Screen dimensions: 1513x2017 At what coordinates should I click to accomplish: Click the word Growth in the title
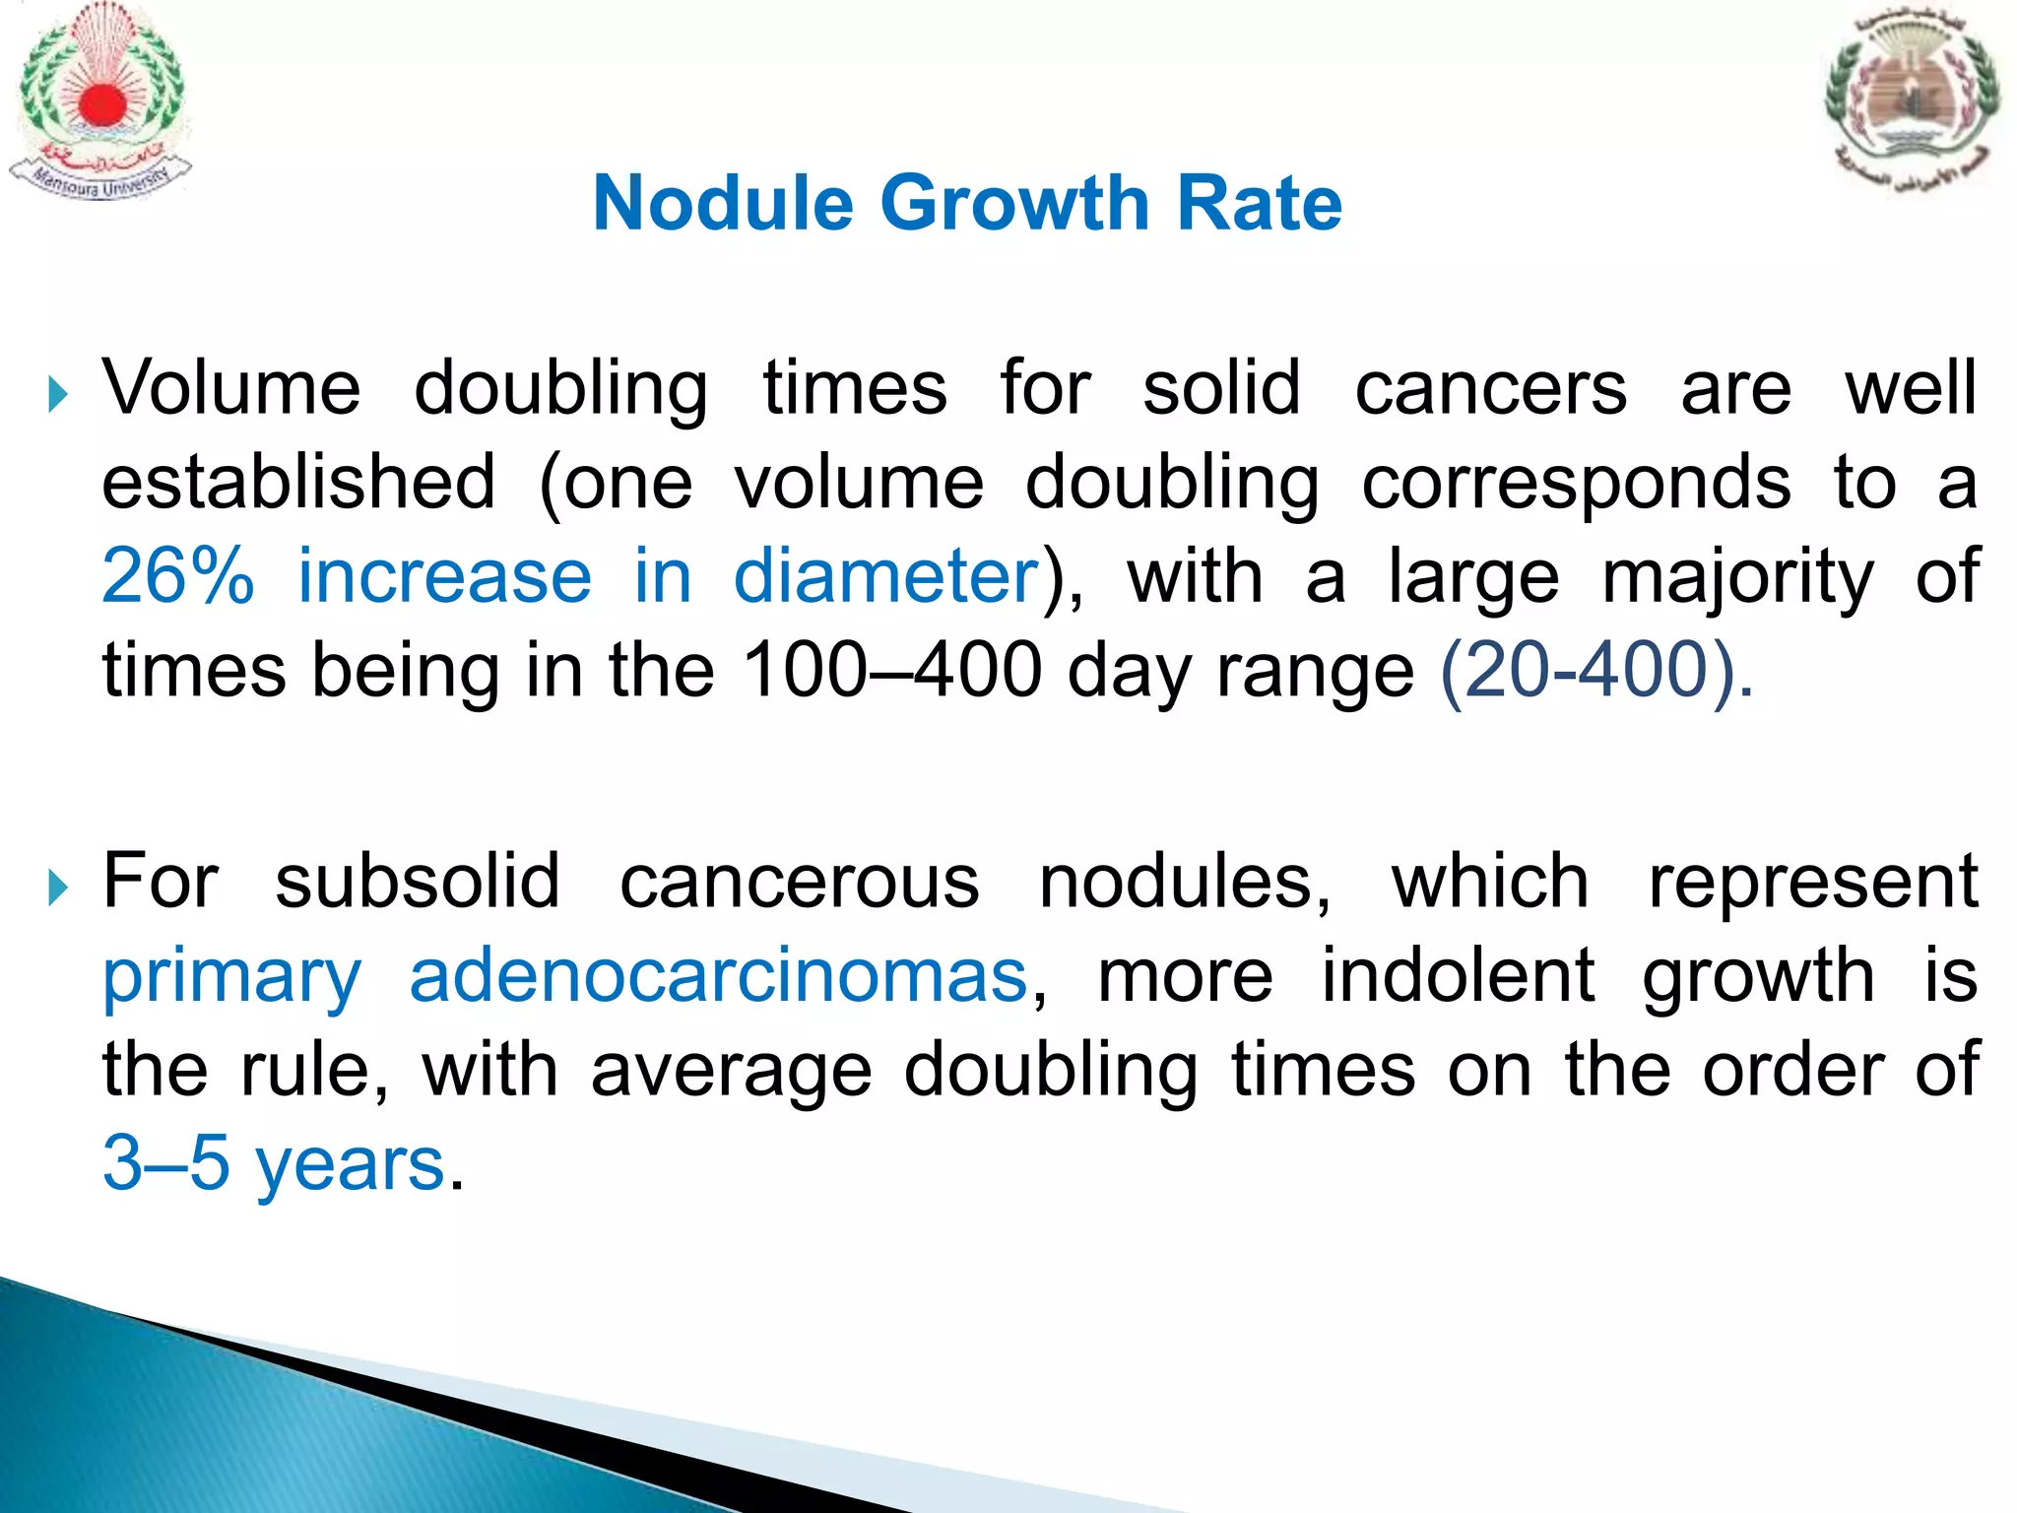(1014, 203)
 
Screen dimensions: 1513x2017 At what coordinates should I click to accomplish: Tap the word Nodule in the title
(723, 203)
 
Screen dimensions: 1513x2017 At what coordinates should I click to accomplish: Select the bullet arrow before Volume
(59, 396)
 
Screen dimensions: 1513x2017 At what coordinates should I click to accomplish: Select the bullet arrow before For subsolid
(59, 889)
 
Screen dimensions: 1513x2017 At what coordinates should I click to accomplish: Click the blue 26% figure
(178, 576)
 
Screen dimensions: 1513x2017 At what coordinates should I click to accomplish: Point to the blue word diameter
(886, 576)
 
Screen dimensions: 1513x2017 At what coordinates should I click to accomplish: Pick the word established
(299, 482)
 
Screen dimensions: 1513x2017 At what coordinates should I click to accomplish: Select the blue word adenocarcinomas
(719, 976)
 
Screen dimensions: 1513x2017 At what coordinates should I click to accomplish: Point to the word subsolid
(418, 881)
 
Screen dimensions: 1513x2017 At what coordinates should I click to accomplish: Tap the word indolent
(1457, 976)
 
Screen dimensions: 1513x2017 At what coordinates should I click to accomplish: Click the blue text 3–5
(165, 1163)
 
